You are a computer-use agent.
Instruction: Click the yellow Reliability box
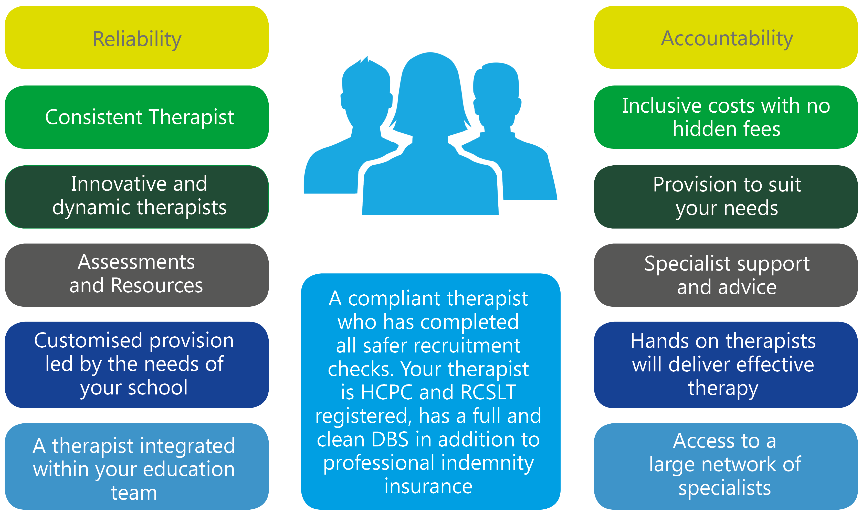point(136,37)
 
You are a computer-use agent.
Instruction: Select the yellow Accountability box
point(726,37)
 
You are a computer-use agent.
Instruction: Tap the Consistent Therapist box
point(136,117)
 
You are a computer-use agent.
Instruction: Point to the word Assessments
point(136,262)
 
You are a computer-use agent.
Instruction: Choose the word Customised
point(88,340)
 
